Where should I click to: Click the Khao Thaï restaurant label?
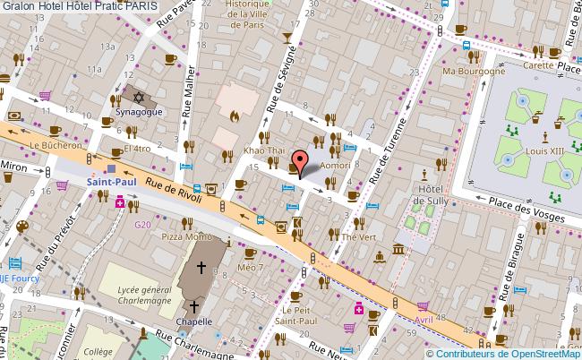pyautogui.click(x=263, y=153)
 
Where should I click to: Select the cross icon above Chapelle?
pyautogui.click(x=201, y=266)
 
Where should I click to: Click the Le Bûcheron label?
pyautogui.click(x=55, y=144)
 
